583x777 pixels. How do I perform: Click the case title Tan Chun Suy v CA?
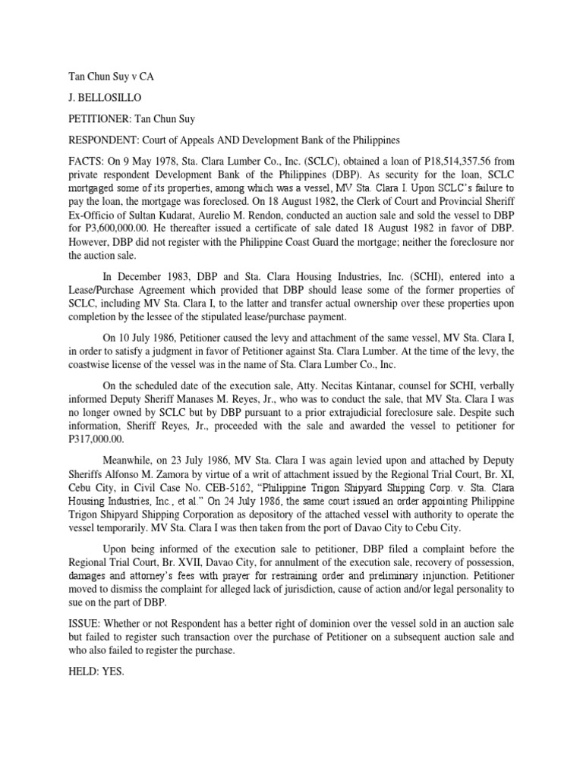coord(105,77)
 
